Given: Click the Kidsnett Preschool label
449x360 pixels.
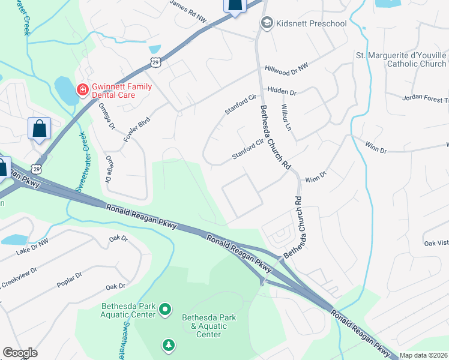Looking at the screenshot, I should point(311,23).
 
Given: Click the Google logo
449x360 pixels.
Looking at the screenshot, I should point(20,353).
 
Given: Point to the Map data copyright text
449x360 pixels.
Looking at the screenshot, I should point(424,355).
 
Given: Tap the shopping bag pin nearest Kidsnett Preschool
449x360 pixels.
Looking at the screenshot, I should point(235,5).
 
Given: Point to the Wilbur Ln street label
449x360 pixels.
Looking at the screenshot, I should point(285,118).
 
